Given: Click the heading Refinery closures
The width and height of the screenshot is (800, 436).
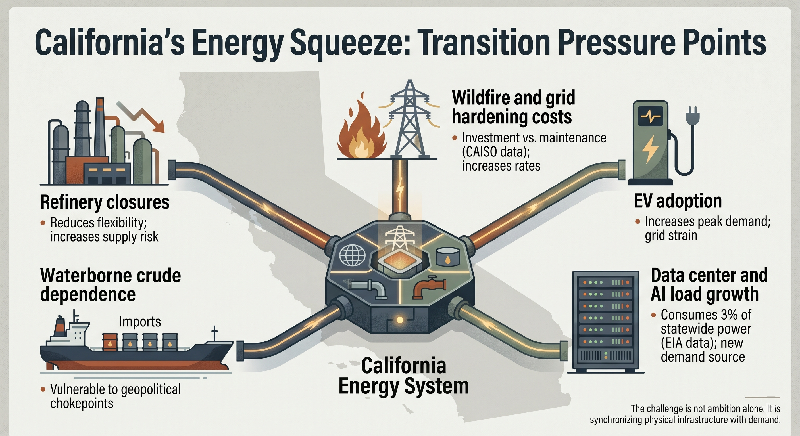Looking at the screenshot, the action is click(x=105, y=202).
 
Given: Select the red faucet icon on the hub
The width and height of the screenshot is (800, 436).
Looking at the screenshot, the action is click(x=429, y=288).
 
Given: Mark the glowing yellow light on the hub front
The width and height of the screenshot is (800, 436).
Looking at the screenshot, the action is click(x=400, y=320).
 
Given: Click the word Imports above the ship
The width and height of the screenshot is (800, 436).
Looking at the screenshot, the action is click(x=140, y=322).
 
